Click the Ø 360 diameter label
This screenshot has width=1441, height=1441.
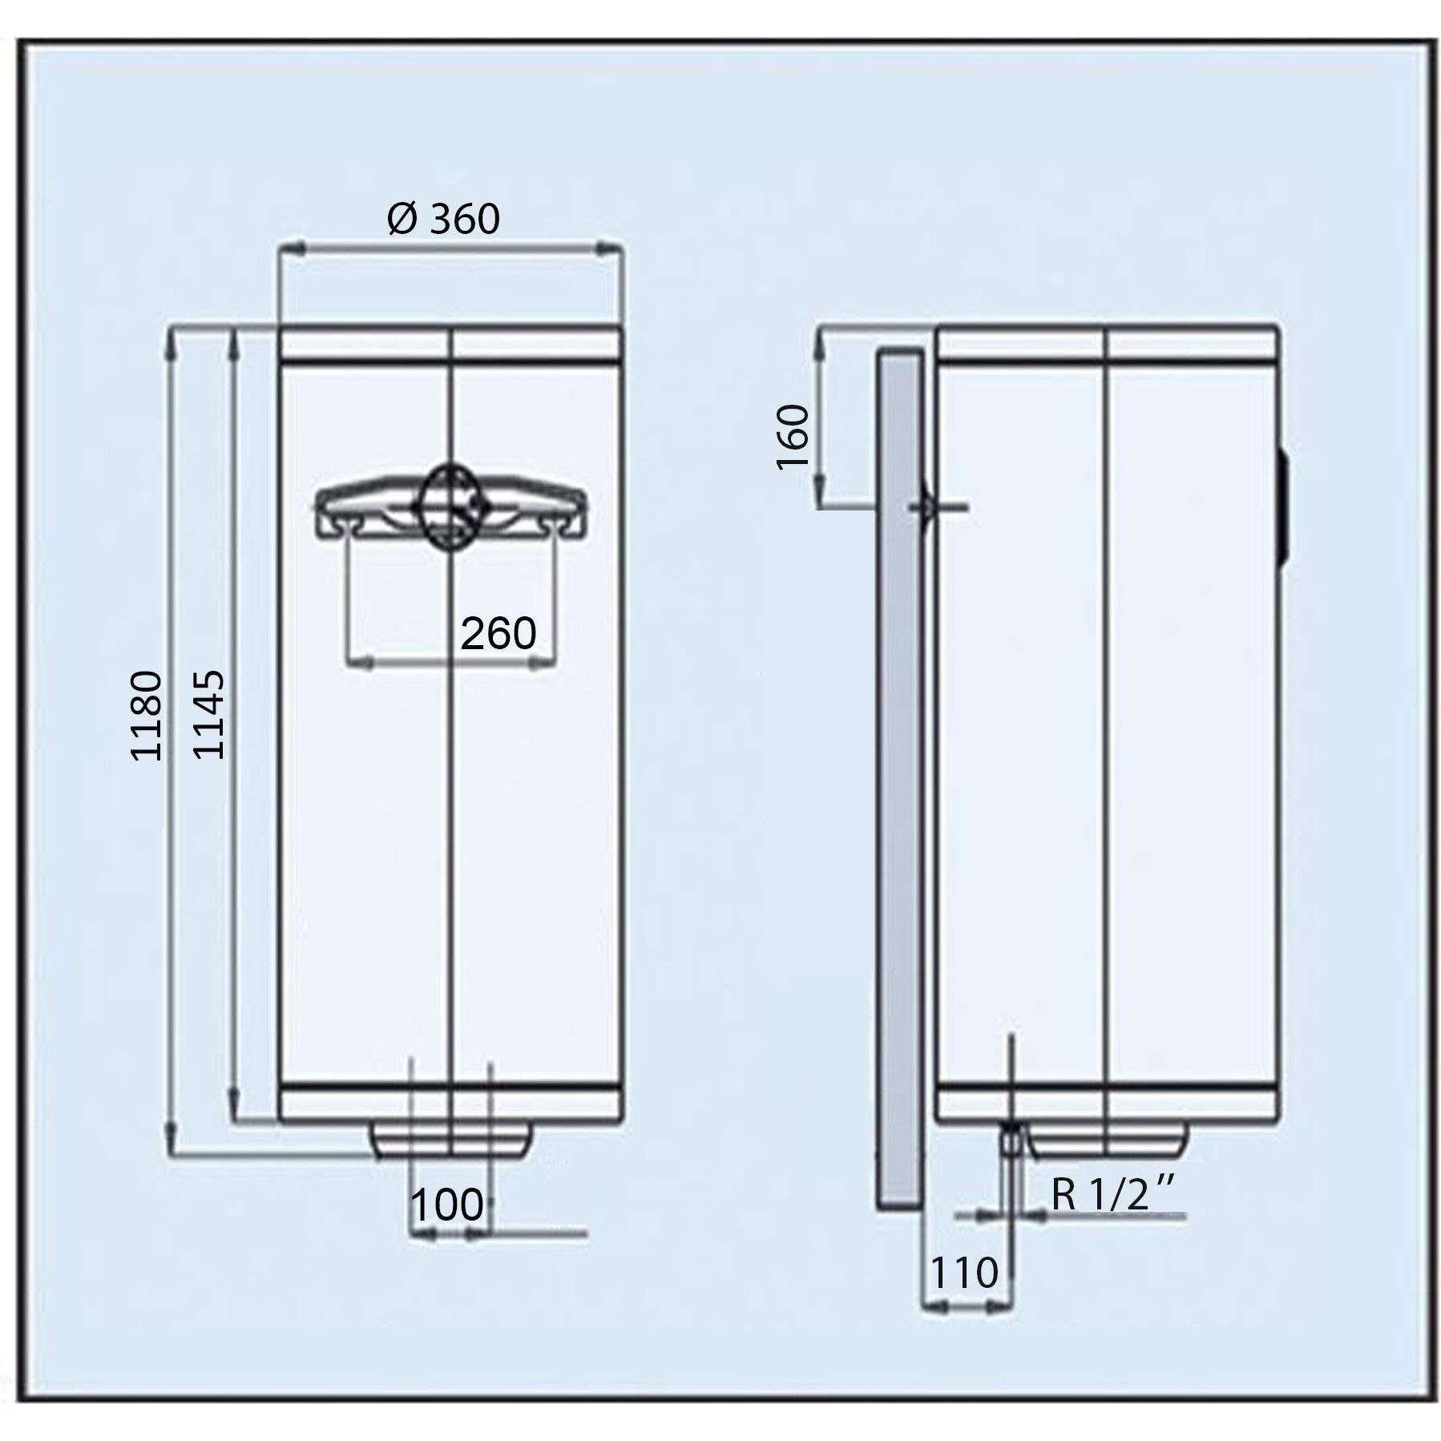[442, 219]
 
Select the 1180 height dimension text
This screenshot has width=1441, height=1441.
[147, 716]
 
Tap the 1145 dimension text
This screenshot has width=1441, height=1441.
[210, 716]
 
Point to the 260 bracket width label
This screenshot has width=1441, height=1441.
[498, 634]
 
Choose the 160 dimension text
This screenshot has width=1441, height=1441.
[794, 438]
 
